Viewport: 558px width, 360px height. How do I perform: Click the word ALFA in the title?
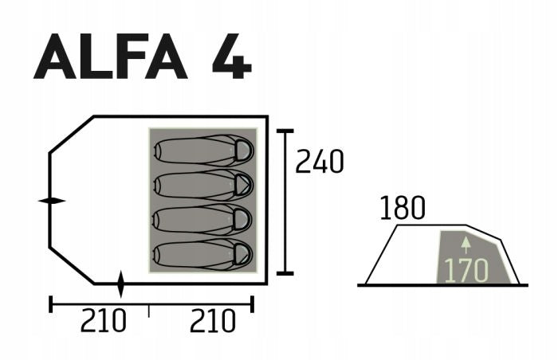click(x=110, y=57)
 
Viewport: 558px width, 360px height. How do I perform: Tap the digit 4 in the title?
click(x=232, y=57)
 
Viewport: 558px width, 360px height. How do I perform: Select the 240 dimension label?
click(x=320, y=162)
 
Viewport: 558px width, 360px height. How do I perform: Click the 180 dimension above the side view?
click(x=403, y=208)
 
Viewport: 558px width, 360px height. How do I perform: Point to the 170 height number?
click(x=466, y=271)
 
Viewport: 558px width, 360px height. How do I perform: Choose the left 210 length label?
click(x=103, y=320)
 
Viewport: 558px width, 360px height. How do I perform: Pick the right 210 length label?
click(x=213, y=320)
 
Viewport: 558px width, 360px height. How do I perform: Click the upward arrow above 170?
click(x=466, y=245)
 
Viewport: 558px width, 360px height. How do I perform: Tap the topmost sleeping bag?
click(x=203, y=150)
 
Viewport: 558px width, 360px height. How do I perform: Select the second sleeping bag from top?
click(x=203, y=185)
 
